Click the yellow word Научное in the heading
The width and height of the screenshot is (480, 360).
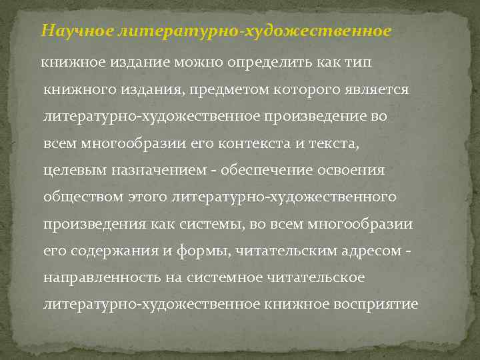click(x=77, y=31)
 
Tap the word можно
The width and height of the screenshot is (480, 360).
click(x=202, y=63)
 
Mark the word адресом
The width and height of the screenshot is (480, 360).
click(x=373, y=251)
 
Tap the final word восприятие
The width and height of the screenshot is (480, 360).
click(x=378, y=304)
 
